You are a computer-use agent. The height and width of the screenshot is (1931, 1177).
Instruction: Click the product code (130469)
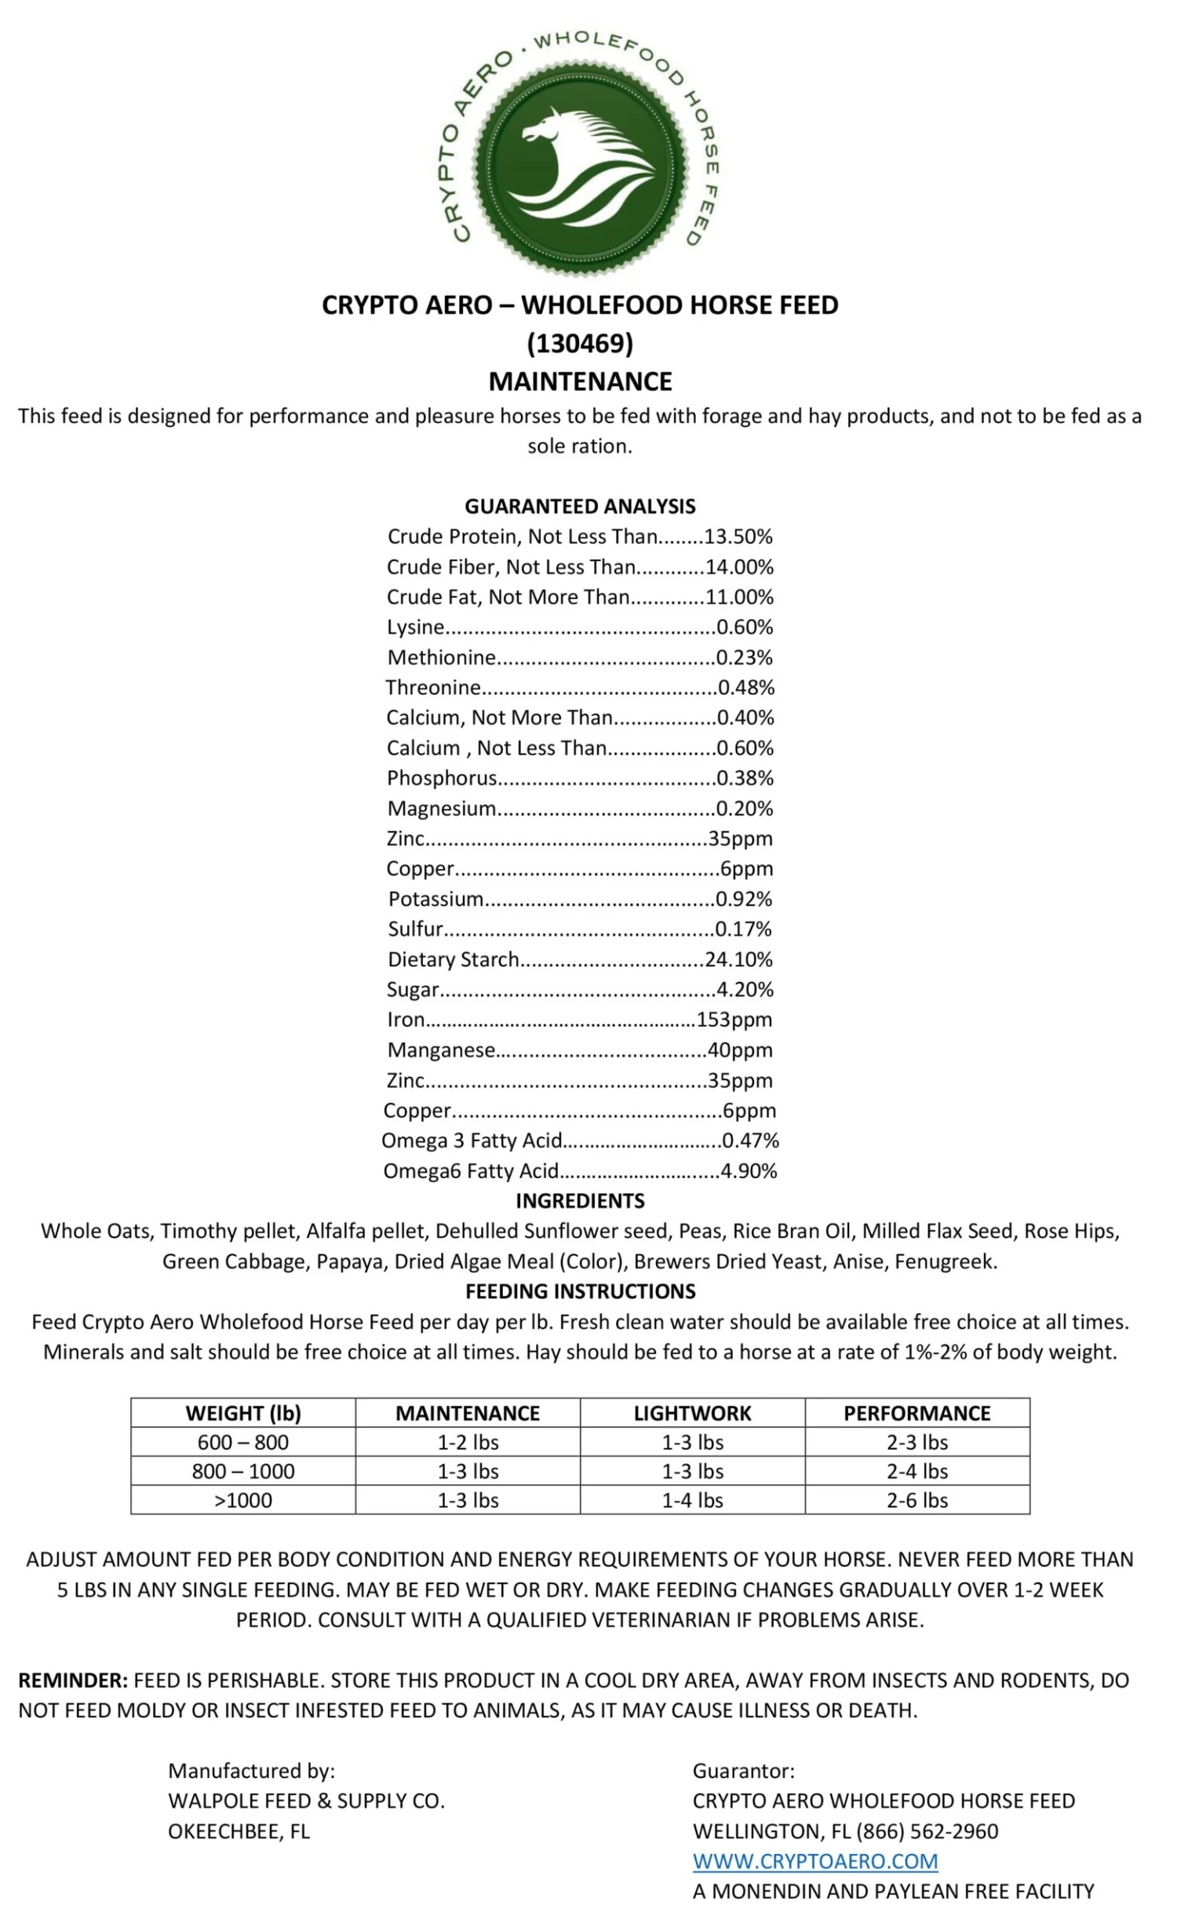580,343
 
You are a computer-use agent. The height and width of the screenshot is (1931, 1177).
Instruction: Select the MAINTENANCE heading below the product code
580,381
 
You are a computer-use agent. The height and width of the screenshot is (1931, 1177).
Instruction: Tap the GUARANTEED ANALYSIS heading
580,506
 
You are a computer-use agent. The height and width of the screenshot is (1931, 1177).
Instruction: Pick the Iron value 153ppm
734,1020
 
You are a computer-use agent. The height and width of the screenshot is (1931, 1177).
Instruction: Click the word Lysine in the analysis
415,627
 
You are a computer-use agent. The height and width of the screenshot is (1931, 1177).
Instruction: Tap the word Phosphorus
441,778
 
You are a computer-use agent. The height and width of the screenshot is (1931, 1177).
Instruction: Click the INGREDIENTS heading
580,1201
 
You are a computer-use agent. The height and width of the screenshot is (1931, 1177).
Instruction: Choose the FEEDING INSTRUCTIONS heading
580,1291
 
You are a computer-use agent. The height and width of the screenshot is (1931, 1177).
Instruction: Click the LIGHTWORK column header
692,1413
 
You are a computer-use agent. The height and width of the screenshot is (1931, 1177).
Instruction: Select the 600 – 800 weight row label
242,1442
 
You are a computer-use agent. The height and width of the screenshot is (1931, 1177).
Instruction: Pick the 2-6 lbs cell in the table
916,1500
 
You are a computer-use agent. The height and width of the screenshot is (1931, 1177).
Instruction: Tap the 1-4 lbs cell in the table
692,1500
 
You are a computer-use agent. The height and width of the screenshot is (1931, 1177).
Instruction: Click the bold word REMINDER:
72,1681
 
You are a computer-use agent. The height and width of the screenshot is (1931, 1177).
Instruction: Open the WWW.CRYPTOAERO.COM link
814,1861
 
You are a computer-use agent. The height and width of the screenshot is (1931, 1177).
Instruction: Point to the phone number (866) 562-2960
927,1831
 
